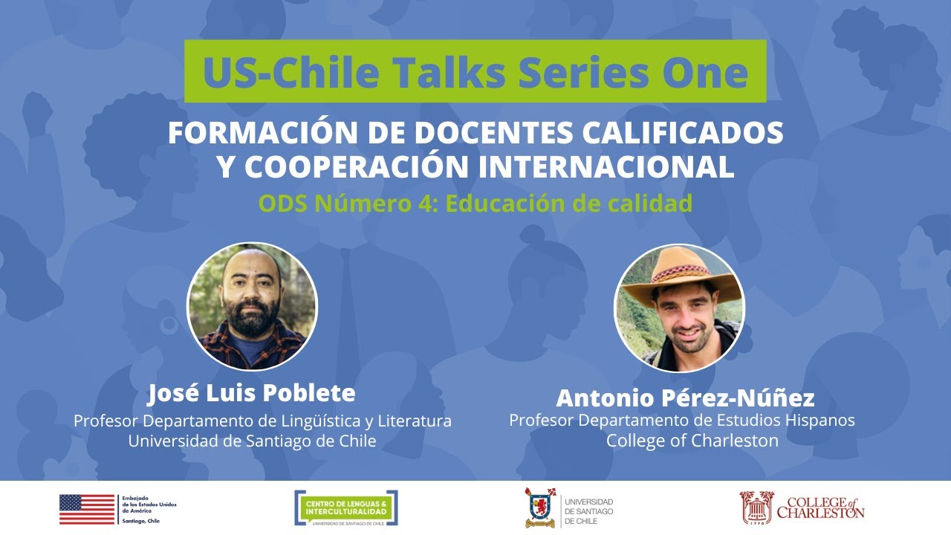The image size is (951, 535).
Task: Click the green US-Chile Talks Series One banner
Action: tap(475, 71)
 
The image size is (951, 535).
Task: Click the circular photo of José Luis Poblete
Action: tap(252, 308)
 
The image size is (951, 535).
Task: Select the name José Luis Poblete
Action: tap(251, 392)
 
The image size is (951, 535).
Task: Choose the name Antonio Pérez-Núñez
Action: tap(685, 398)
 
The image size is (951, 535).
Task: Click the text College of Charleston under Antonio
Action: tap(692, 441)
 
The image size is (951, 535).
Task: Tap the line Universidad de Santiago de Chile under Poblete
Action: tap(252, 441)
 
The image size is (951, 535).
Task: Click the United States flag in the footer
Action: tap(87, 509)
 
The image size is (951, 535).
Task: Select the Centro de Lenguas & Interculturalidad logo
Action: tap(345, 508)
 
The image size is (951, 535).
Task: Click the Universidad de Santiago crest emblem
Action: tap(539, 508)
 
